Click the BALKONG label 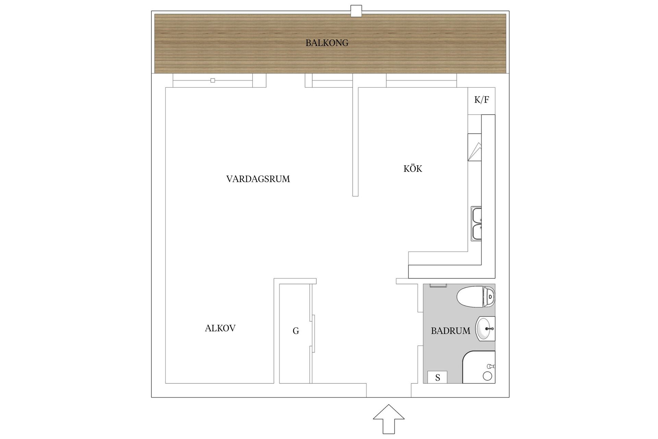tap(327, 43)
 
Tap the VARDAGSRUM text tap(258, 179)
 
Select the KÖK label tap(413, 168)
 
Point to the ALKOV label tap(220, 328)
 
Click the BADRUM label tap(451, 331)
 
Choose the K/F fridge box tap(482, 101)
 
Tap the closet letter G tap(296, 331)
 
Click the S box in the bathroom tap(438, 378)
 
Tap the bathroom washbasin tap(485, 329)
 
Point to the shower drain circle tap(487, 376)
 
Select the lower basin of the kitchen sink tap(476, 232)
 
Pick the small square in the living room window tap(213, 81)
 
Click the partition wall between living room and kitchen tap(355, 142)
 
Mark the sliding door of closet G tap(312, 333)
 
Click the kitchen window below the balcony tap(422, 81)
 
